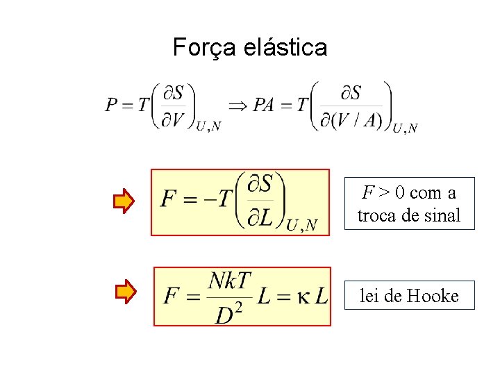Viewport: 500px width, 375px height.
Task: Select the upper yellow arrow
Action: pyautogui.click(x=124, y=201)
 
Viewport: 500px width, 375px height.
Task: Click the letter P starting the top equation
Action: pyautogui.click(x=111, y=105)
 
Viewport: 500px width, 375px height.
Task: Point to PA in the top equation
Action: pyautogui.click(x=264, y=105)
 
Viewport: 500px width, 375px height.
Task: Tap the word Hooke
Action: pyautogui.click(x=433, y=297)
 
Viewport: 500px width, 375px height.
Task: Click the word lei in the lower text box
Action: pyautogui.click(x=369, y=297)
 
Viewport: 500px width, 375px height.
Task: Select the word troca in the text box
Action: pyautogui.click(x=376, y=215)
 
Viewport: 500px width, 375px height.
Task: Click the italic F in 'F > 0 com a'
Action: pyautogui.click(x=369, y=192)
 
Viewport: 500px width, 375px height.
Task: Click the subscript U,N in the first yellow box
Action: pyautogui.click(x=301, y=224)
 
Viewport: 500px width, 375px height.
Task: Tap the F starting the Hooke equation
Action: pyautogui.click(x=172, y=297)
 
